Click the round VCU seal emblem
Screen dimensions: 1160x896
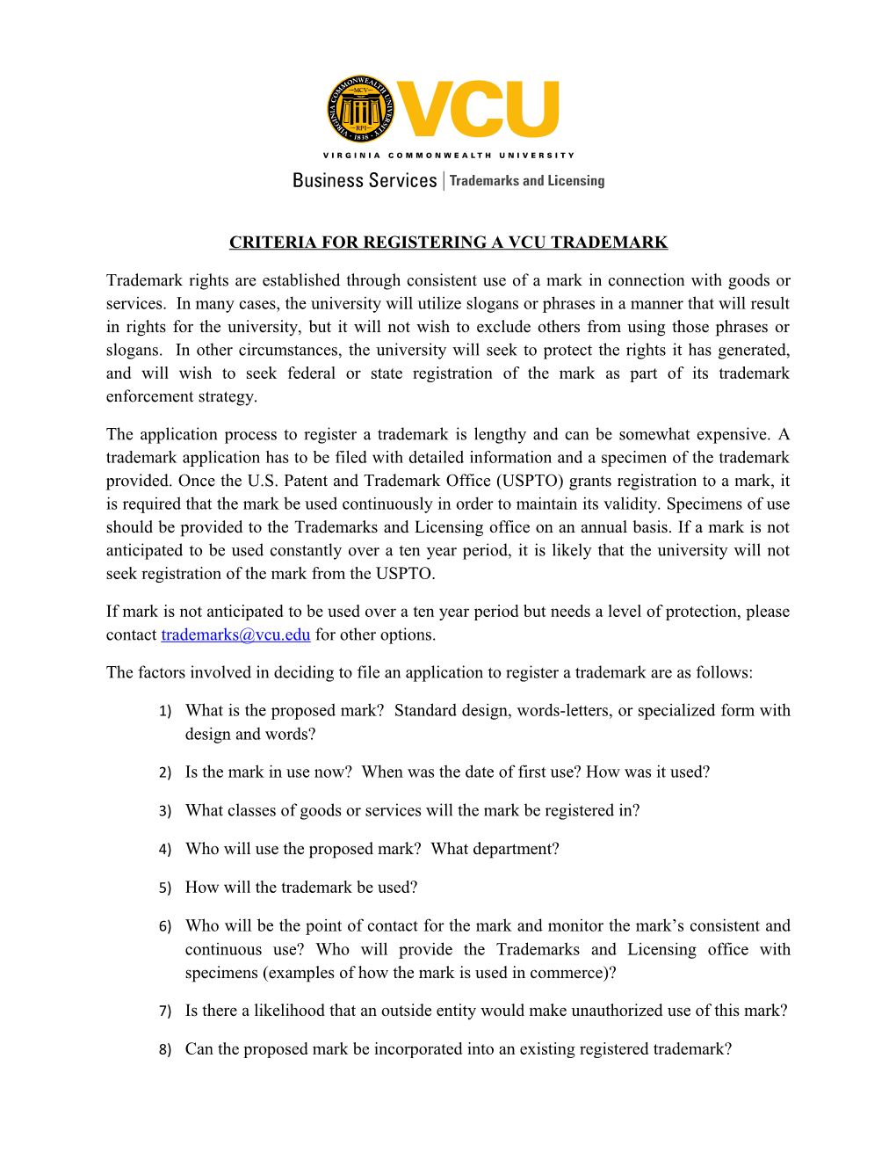coord(360,109)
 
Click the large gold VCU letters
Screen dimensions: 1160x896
coord(479,110)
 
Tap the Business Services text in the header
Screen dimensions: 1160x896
coord(365,180)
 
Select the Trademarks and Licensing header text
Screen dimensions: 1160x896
coord(527,181)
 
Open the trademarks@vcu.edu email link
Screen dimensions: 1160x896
coord(235,634)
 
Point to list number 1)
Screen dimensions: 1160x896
coord(165,712)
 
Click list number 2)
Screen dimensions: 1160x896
coord(165,773)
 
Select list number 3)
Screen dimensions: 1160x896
coord(165,811)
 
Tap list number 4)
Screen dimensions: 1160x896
coord(165,850)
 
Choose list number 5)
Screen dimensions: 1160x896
coord(165,888)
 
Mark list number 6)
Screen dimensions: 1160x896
coord(165,927)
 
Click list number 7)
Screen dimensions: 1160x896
coord(165,1011)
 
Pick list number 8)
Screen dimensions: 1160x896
coord(165,1050)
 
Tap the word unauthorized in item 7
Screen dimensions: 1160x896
coord(618,1011)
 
